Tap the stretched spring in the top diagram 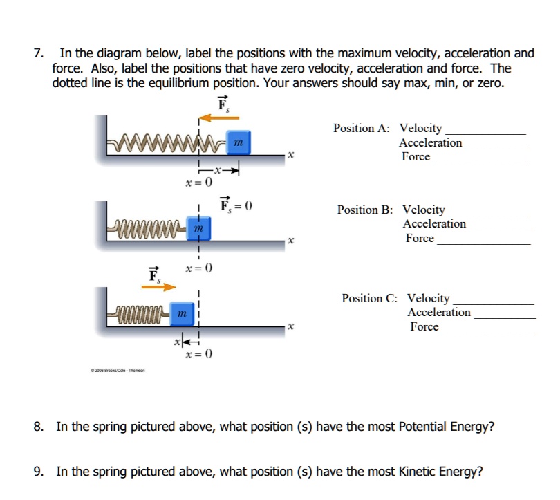[166, 144]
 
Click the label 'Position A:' [361, 129]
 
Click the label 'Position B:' [364, 210]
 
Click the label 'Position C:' [369, 299]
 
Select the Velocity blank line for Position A [485, 132]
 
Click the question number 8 [39, 427]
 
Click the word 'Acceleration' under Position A [430, 143]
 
